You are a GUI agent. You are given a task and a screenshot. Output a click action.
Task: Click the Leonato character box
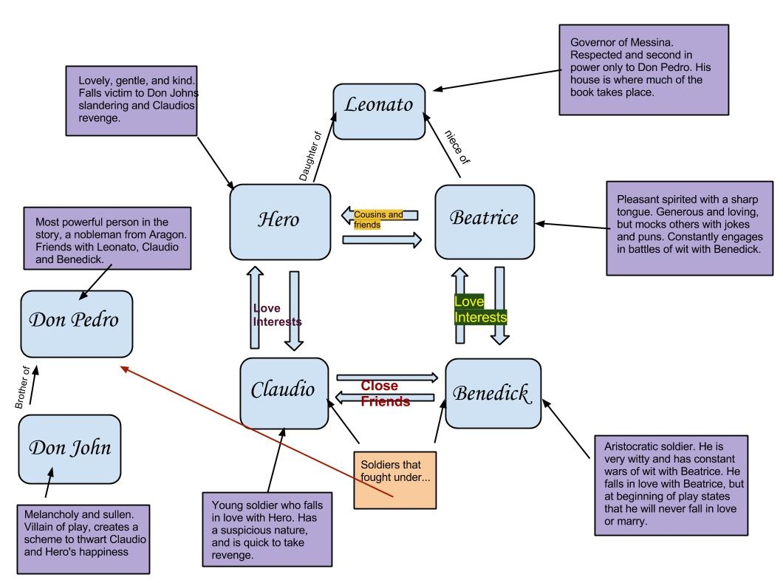[379, 111]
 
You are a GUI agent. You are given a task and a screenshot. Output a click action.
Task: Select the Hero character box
[280, 222]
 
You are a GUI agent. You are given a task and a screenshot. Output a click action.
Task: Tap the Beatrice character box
[485, 220]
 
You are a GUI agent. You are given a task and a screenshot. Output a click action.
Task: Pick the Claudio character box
[284, 392]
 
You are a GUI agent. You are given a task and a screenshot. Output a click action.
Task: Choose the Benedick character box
[493, 393]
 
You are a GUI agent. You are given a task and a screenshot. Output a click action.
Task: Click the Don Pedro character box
[77, 323]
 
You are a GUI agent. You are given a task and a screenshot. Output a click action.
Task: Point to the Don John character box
[69, 449]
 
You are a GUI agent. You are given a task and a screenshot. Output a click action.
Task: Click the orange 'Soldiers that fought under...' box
[395, 479]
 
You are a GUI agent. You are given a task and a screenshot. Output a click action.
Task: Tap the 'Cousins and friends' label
[379, 219]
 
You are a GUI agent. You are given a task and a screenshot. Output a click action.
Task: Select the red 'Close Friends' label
[384, 394]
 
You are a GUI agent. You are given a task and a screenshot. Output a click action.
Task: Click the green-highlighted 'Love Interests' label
[480, 310]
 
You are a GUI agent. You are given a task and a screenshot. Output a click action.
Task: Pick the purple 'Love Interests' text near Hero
[277, 315]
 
